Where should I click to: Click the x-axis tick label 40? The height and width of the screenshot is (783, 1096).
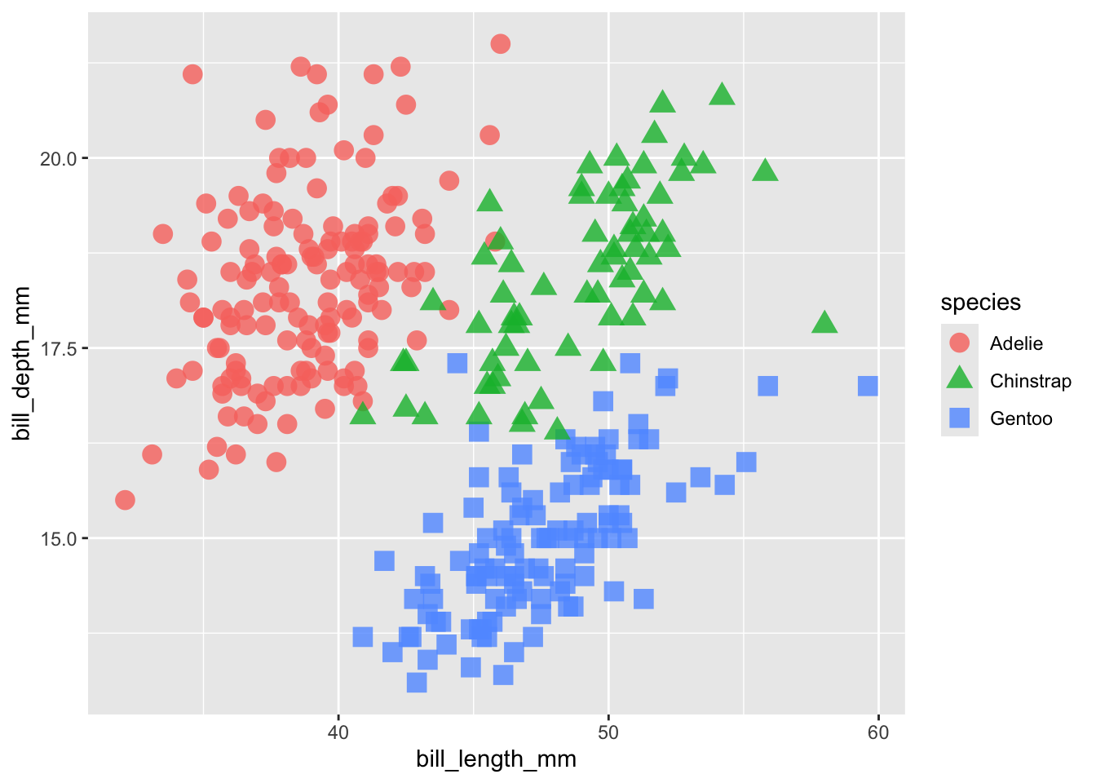338,732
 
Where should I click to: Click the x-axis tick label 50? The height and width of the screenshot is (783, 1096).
608,732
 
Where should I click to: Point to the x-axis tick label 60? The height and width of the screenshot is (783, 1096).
878,732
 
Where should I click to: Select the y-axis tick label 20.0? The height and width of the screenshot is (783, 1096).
58,158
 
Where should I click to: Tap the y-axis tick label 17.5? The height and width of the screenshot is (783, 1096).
58,348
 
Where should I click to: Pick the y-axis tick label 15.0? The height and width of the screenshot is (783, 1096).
58,538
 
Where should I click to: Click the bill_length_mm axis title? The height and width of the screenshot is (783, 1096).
496,759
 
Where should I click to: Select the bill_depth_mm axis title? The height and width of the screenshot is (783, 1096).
22,364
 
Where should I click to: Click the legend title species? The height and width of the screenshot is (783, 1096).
980,303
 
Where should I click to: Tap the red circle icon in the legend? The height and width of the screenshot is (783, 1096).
960,343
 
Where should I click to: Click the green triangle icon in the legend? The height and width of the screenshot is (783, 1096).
960,379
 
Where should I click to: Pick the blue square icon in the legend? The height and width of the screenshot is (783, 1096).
960,418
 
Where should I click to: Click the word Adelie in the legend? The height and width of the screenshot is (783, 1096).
1016,343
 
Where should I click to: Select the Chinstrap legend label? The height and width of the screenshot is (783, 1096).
1030,381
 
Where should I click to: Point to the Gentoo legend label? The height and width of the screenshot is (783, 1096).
1021,418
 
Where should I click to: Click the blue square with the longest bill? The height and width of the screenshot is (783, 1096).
868,386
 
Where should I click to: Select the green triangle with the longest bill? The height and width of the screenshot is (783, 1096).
824,323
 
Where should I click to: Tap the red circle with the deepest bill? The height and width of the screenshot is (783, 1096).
501,44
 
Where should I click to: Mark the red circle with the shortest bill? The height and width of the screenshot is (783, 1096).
125,500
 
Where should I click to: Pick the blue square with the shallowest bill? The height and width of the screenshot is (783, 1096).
417,682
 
